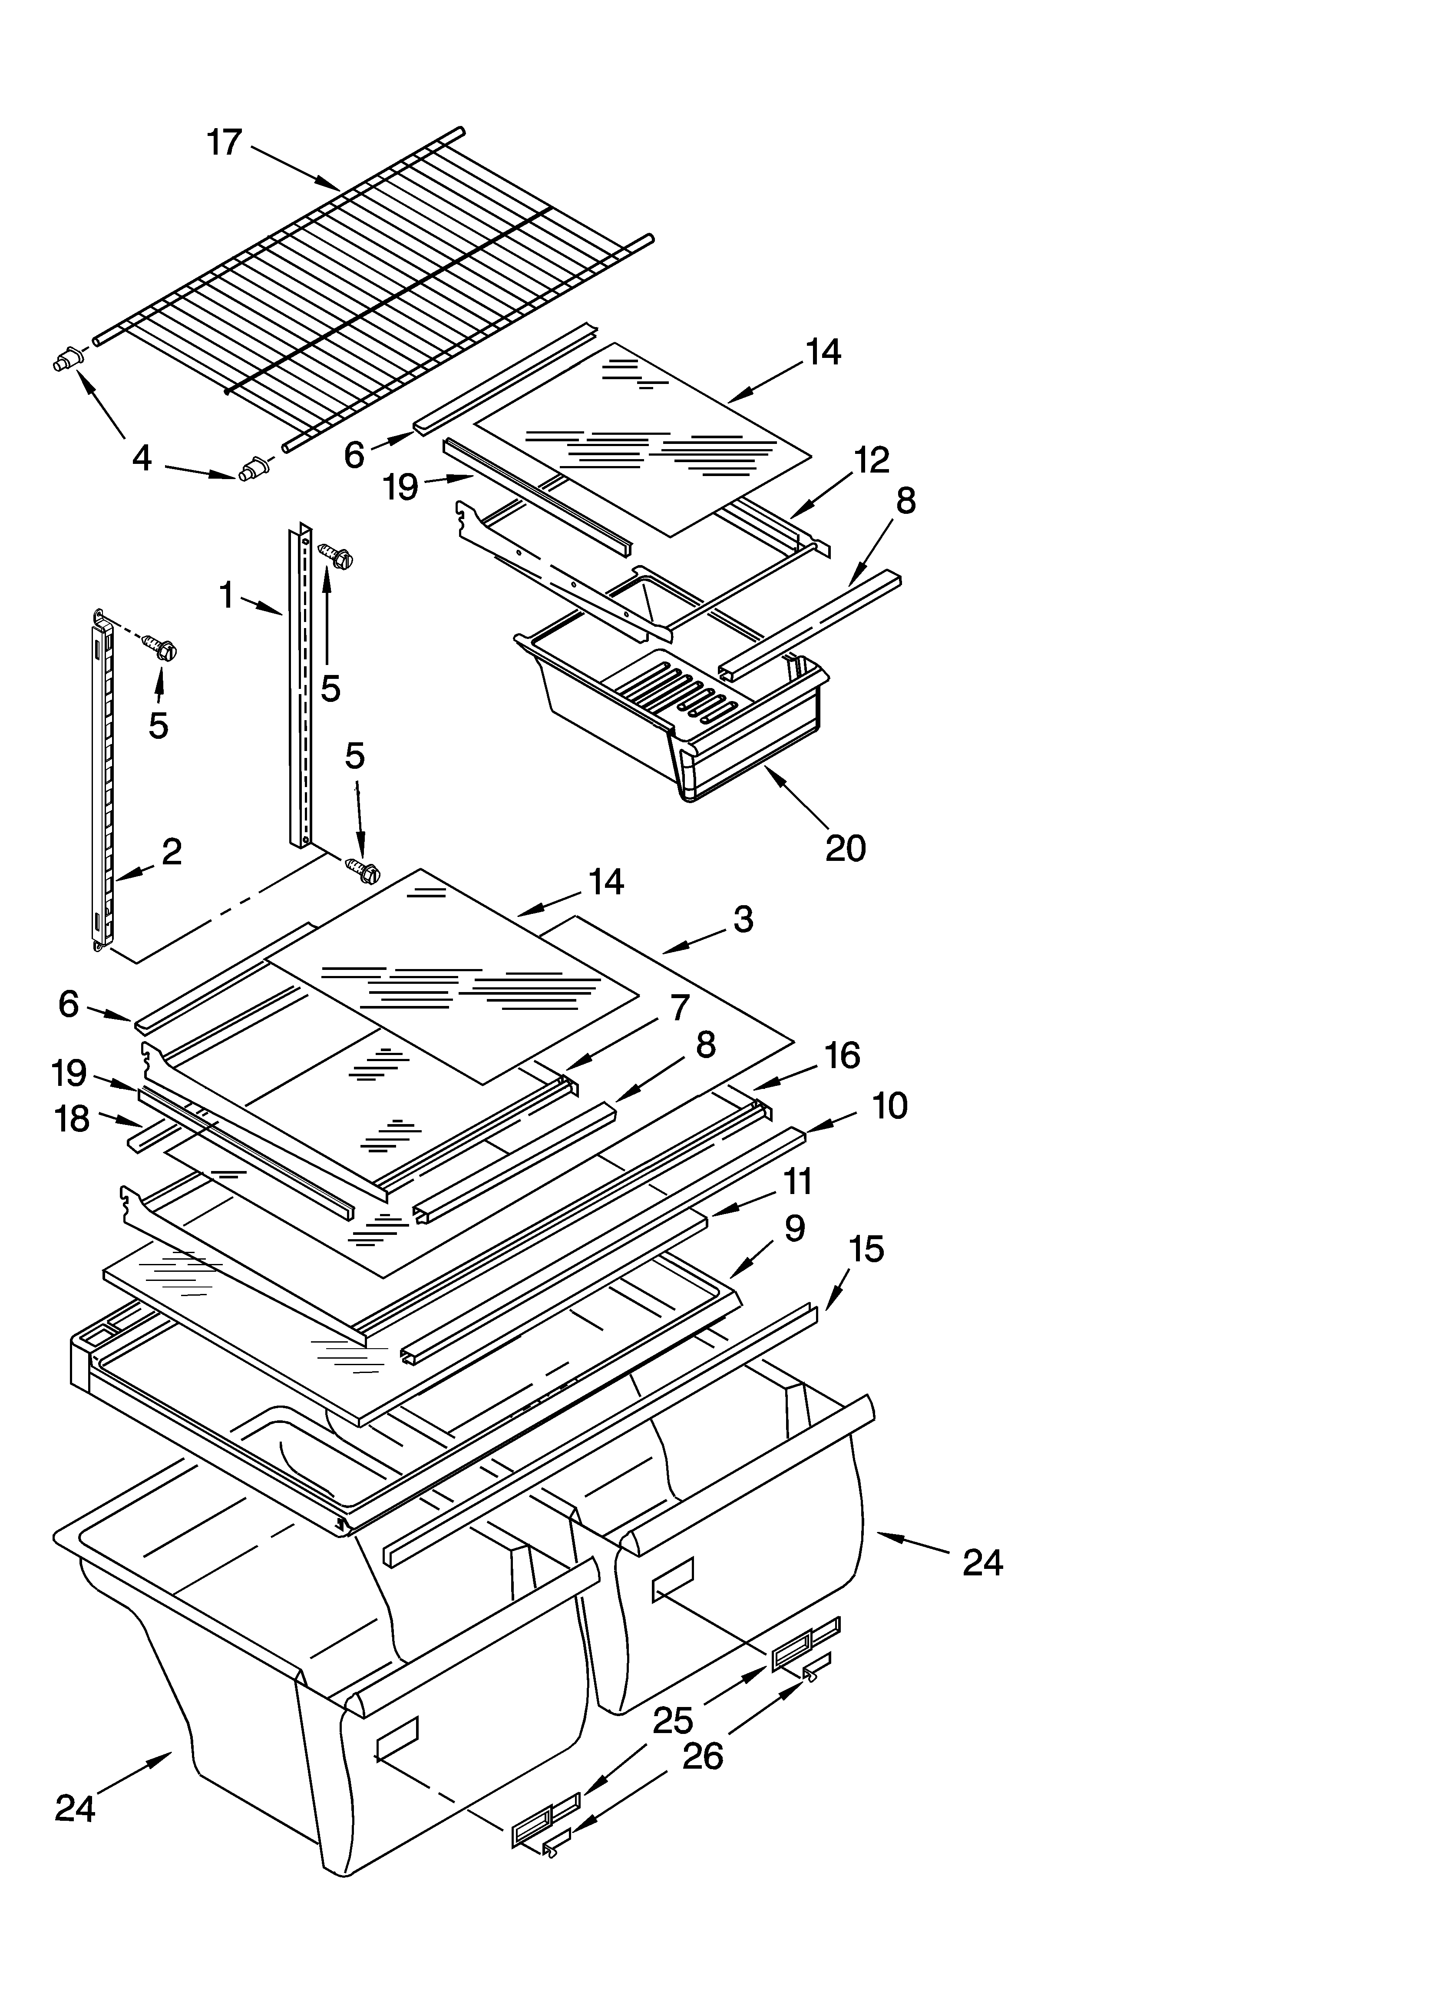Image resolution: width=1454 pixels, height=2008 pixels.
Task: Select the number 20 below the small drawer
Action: (x=845, y=848)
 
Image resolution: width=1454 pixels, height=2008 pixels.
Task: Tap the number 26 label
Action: (x=702, y=1756)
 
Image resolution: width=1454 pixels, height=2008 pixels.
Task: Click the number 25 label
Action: (x=673, y=1720)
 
